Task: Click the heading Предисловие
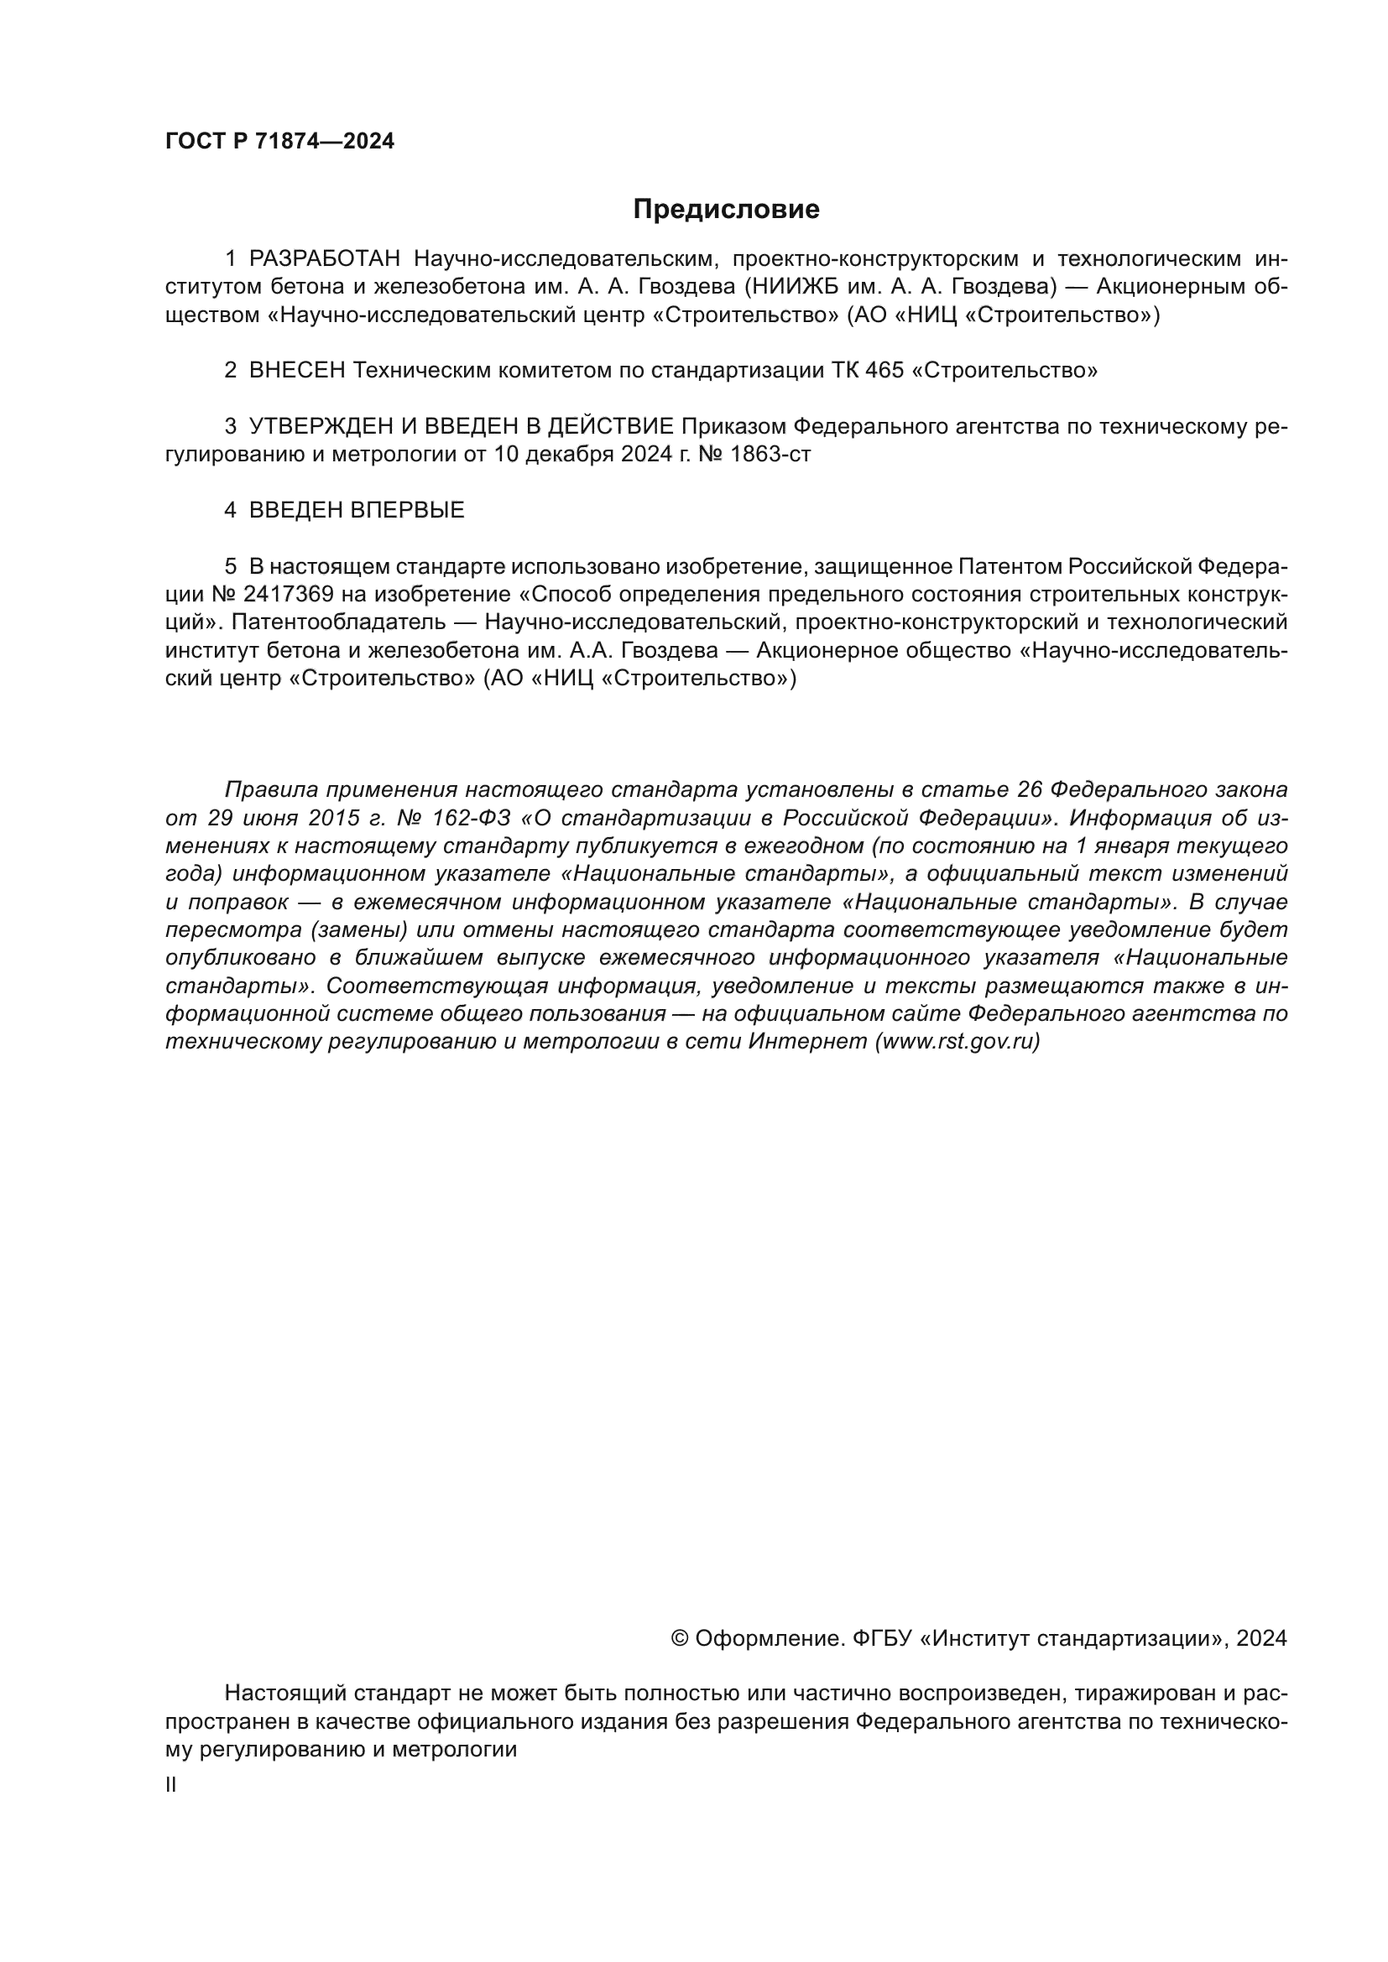tap(726, 210)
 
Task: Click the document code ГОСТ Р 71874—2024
tap(279, 142)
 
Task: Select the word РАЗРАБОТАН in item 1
tap(324, 259)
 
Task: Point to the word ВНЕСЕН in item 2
tap(296, 371)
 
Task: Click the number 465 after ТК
tap(884, 371)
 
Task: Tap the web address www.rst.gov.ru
tap(958, 1043)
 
